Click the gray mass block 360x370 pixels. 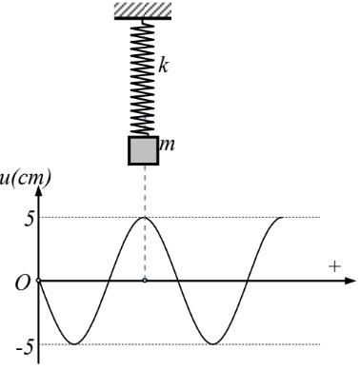(143, 150)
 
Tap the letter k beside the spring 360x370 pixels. (163, 67)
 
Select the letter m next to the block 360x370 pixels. (167, 146)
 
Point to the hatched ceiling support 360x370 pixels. (143, 10)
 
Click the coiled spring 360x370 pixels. (142, 78)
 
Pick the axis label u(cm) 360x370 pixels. (25, 179)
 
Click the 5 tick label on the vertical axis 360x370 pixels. (29, 220)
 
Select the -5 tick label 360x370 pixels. (25, 348)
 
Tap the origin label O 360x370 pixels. (23, 282)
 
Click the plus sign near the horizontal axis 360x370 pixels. (334, 266)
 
